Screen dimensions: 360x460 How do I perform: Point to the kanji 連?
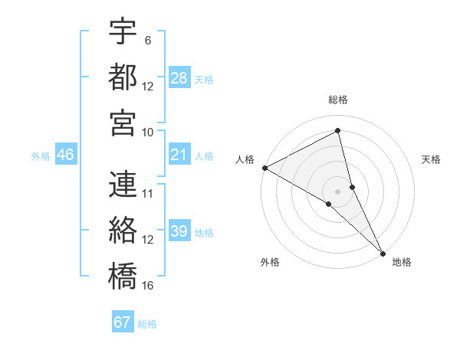pos(123,185)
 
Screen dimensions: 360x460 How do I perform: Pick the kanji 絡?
pos(123,229)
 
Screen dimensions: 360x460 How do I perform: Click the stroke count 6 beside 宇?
pos(147,40)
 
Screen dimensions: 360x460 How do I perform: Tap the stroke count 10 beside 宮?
pos(148,132)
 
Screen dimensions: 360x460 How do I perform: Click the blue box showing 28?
pos(179,78)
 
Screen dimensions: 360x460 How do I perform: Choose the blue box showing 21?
pos(179,155)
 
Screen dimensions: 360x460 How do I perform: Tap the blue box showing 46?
pos(66,155)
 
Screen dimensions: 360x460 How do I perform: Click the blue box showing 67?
pos(123,322)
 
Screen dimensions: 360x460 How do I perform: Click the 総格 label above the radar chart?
pos(338,100)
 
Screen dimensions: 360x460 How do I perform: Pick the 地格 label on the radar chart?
pos(402,263)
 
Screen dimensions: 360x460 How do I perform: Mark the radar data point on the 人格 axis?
pos(264,168)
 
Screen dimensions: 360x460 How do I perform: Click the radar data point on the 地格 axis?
pos(382,252)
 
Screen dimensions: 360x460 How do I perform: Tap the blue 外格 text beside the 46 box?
pos(41,156)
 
